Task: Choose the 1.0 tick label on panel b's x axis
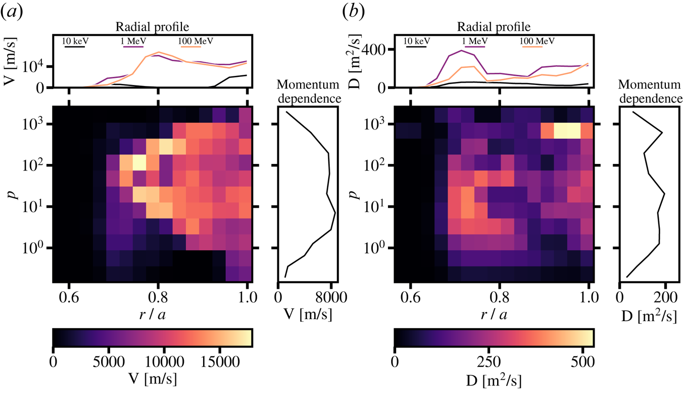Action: click(589, 298)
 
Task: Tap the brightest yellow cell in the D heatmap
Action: click(566, 131)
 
